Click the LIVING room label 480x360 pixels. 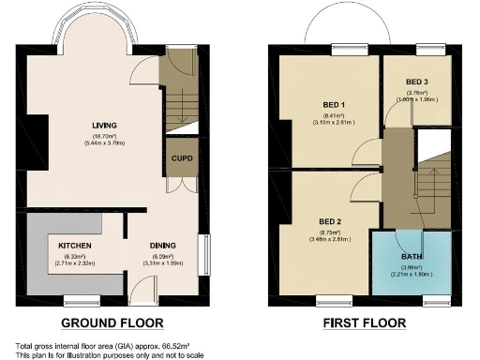104,126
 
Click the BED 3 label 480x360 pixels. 418,82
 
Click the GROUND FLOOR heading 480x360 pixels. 112,323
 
